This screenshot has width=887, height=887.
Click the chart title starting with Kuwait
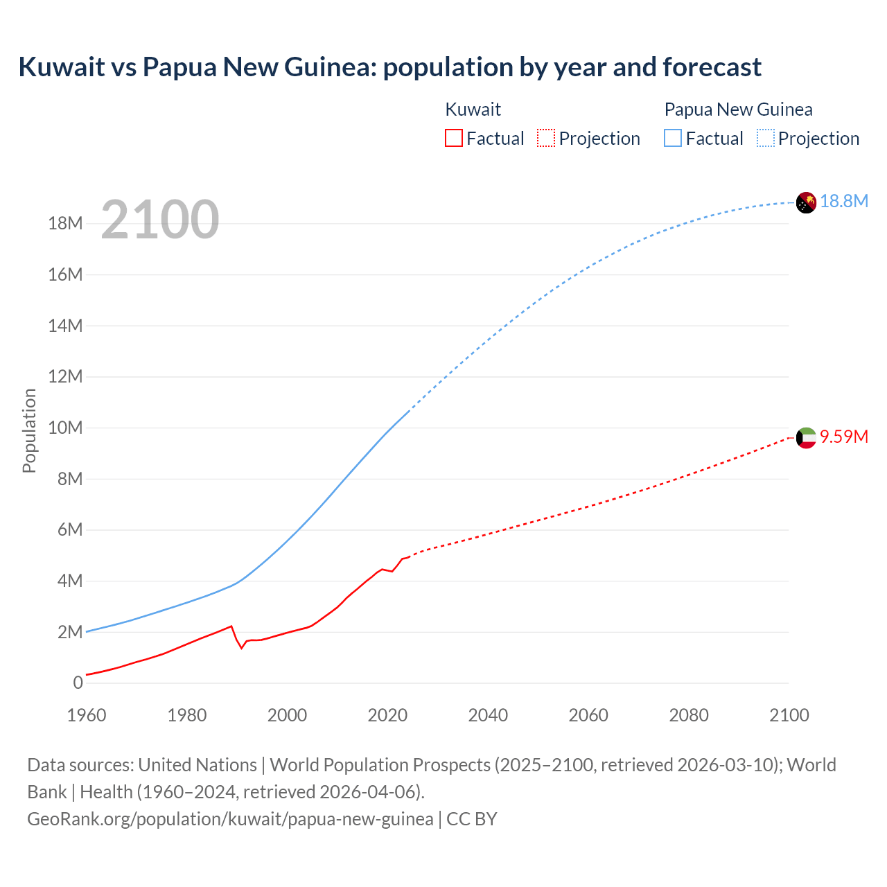tap(389, 67)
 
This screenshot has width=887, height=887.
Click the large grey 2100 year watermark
tap(160, 220)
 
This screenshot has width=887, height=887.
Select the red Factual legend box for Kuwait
tap(453, 139)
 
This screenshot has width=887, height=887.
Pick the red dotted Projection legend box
tap(545, 139)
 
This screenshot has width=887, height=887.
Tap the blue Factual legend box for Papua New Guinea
tap(672, 139)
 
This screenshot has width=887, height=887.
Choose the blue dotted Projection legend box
tap(765, 139)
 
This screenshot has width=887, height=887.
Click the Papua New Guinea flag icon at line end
tap(806, 202)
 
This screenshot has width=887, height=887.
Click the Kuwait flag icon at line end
tap(806, 438)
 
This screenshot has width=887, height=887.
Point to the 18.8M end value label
tap(844, 201)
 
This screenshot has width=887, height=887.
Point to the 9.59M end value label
tap(844, 437)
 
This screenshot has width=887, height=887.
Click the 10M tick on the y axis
tap(65, 428)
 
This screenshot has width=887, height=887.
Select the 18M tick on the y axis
tap(65, 223)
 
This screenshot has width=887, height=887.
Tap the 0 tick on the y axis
tap(78, 683)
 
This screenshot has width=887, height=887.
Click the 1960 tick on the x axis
tap(87, 715)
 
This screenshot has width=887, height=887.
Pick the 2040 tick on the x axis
tap(488, 715)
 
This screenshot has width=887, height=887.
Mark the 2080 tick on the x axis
tap(689, 715)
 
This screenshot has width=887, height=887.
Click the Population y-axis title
tap(29, 430)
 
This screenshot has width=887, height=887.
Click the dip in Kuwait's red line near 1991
tap(242, 647)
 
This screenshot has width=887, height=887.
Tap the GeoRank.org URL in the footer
tap(230, 819)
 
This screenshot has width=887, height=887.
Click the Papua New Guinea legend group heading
tap(738, 109)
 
